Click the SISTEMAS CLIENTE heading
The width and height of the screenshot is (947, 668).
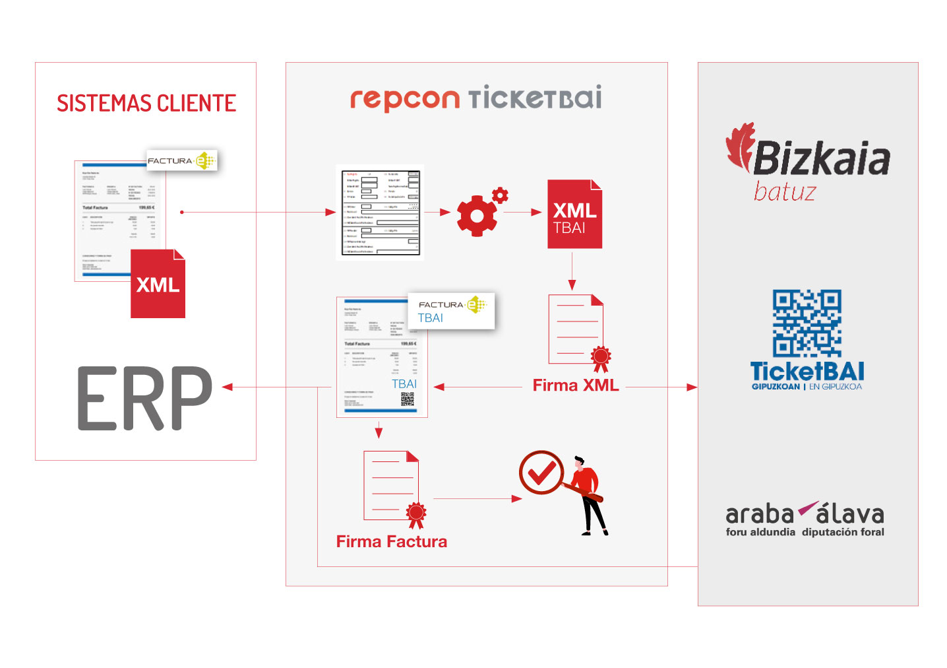[x=146, y=104]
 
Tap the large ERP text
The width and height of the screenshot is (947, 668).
[x=145, y=399]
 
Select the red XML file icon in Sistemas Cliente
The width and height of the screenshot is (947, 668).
[x=158, y=284]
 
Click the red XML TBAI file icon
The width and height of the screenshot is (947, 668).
[x=574, y=215]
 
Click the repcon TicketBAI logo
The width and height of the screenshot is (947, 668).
[x=475, y=98]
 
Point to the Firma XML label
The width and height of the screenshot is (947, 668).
[x=576, y=385]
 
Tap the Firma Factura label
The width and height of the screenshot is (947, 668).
[x=391, y=542]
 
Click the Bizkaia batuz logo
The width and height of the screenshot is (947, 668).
[x=809, y=162]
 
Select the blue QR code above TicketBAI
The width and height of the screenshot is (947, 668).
[x=807, y=323]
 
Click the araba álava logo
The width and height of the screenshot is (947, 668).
[x=805, y=519]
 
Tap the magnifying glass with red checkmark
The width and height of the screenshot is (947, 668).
[x=541, y=473]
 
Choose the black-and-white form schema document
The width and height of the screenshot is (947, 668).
[x=380, y=213]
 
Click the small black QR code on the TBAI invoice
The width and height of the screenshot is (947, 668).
[x=408, y=399]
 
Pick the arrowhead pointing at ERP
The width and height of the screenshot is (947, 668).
[x=228, y=387]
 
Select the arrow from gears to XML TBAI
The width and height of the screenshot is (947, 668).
[x=526, y=213]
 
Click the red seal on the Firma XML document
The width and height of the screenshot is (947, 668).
[x=600, y=357]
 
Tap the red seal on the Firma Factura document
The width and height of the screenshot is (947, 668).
[x=415, y=514]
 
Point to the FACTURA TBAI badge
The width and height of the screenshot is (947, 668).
[x=451, y=311]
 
